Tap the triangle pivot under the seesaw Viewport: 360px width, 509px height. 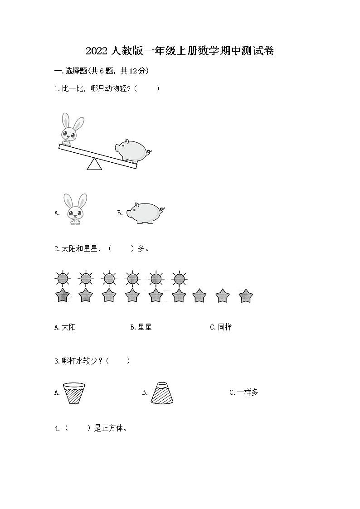tap(94, 165)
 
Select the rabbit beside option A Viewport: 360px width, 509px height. tap(75, 209)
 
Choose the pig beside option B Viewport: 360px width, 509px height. tap(145, 213)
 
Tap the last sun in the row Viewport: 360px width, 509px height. tap(180, 278)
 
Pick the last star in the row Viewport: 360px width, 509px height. tap(245, 296)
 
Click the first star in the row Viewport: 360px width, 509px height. tap(62, 296)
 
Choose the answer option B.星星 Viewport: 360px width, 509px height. tap(141, 327)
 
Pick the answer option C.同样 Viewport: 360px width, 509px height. tap(221, 327)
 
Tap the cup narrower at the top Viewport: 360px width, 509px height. tap(162, 392)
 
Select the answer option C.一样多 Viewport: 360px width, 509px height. tap(244, 393)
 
